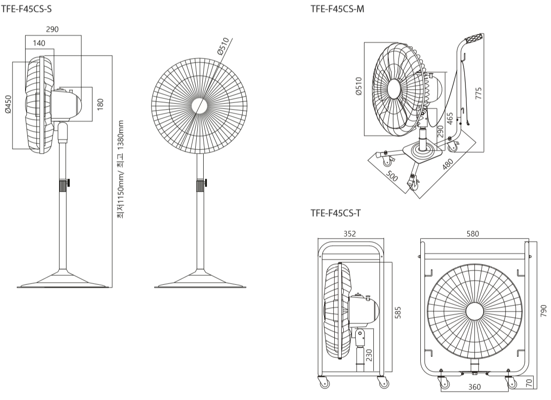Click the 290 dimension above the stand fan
(53, 30)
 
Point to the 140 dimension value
(39, 43)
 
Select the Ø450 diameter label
(7, 105)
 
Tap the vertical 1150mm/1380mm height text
(120, 170)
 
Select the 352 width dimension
(349, 234)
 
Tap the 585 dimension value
(398, 313)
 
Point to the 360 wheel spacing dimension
(475, 387)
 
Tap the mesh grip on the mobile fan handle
(473, 39)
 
